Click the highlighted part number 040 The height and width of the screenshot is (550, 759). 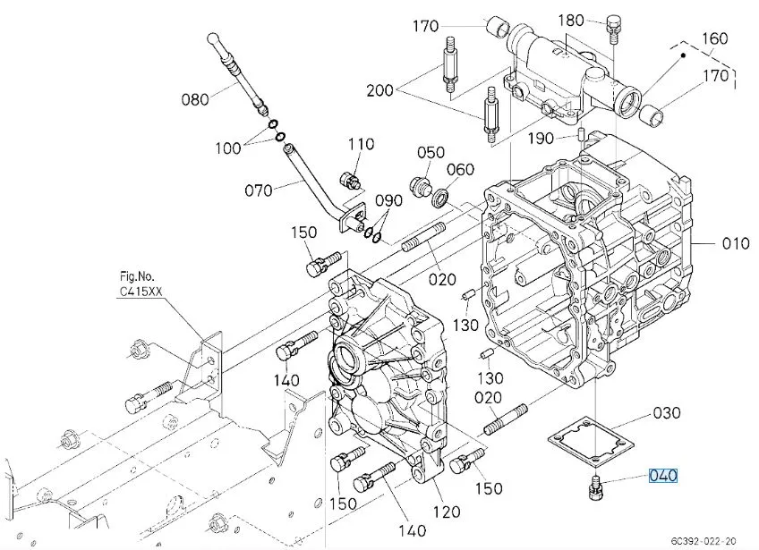point(663,476)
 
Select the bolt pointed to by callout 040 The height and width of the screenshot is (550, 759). point(594,488)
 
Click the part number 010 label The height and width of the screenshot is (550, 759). point(736,243)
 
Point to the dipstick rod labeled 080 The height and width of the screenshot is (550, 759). point(236,74)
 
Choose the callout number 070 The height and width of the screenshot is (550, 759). point(259,190)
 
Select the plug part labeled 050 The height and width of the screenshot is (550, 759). point(418,187)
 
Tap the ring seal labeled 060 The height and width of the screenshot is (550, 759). point(441,198)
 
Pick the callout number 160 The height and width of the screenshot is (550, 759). point(714,38)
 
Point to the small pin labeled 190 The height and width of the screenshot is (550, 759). point(583,133)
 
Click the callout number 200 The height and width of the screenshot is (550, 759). point(380,90)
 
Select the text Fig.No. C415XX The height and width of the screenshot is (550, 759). point(141,284)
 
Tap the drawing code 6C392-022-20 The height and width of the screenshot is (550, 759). point(704,541)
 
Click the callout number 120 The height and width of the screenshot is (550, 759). point(447,512)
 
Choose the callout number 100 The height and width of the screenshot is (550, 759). point(228,148)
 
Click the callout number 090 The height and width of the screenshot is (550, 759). point(388,200)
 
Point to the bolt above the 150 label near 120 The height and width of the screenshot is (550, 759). point(466,461)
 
